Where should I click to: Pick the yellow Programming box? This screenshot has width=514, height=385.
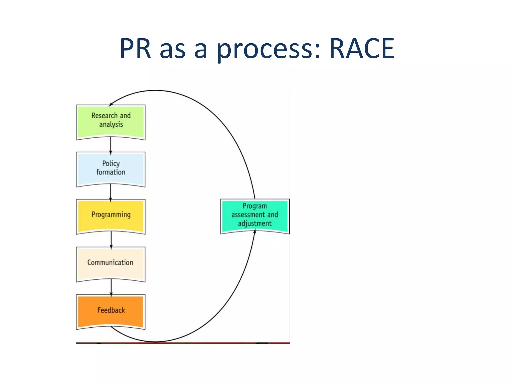click(x=111, y=216)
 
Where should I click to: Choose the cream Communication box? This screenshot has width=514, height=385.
click(x=111, y=263)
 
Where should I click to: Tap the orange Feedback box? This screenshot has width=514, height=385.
click(x=111, y=311)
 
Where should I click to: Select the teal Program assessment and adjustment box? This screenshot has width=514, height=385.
click(x=254, y=216)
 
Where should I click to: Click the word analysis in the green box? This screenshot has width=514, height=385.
click(x=111, y=125)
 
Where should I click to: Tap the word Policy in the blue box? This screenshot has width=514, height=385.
click(x=111, y=164)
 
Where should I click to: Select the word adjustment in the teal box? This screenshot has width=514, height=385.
click(x=254, y=223)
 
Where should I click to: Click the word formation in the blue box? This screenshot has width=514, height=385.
click(x=111, y=172)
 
